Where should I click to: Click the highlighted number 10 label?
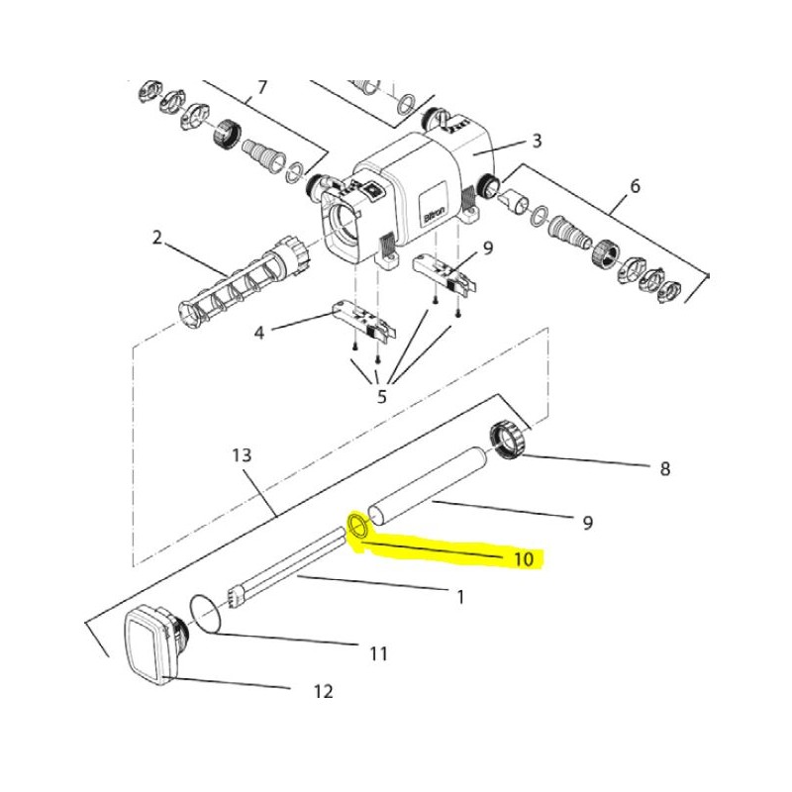point(524,559)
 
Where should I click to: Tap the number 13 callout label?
point(242,455)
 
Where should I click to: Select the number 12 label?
point(324,690)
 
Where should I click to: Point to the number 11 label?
point(378,654)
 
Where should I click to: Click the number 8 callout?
point(665,468)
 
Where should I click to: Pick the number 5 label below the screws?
point(382,397)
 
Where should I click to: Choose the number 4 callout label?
point(259,333)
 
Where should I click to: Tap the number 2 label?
point(157,237)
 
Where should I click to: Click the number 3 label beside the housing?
point(537,140)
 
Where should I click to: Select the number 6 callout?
point(635,185)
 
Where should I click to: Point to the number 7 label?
point(261,87)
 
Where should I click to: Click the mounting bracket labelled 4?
point(363,320)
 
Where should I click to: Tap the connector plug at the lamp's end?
point(236,597)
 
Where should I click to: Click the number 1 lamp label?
point(460,598)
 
